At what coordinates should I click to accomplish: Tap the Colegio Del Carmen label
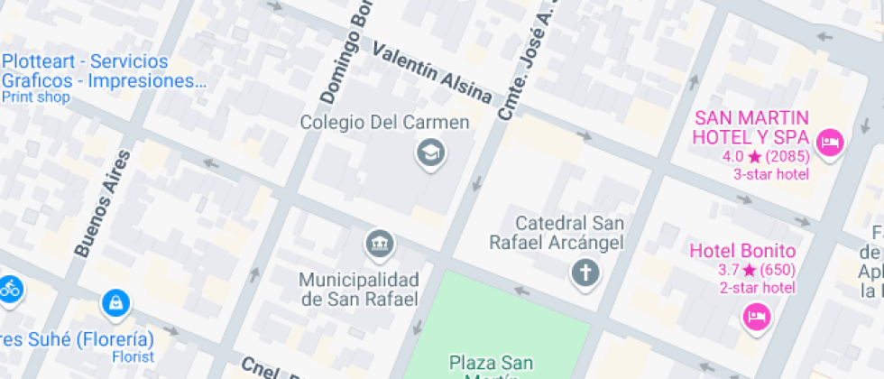point(385,122)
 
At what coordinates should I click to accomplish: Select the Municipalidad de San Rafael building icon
point(380,243)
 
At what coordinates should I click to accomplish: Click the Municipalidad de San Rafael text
point(359,289)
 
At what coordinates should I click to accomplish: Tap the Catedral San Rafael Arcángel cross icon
point(585,272)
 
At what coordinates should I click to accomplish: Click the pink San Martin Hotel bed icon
point(828,143)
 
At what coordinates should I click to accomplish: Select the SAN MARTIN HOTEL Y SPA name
point(750,127)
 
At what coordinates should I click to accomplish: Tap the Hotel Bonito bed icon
point(756,316)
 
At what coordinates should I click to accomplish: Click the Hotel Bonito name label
point(742,251)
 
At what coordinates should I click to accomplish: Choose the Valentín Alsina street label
point(433,72)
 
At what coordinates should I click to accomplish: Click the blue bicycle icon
point(10,289)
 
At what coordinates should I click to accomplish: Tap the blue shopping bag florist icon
point(115,303)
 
